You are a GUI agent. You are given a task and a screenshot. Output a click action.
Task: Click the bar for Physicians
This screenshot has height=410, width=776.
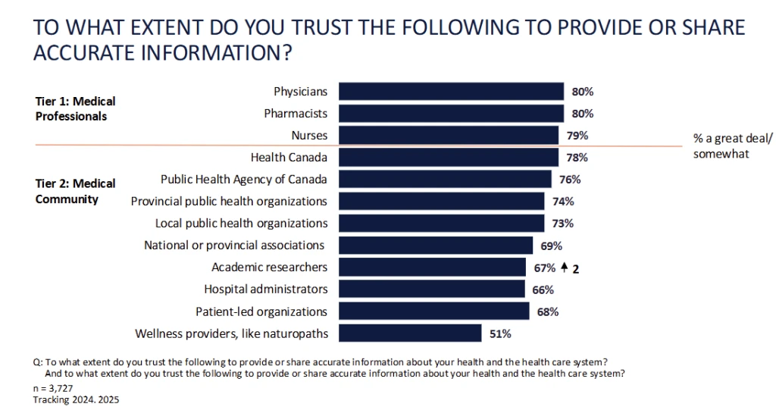[451, 92]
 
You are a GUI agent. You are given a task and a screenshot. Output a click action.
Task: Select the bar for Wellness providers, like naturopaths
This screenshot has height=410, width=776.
[410, 333]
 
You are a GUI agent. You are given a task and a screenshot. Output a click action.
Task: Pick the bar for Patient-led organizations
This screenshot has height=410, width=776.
[433, 311]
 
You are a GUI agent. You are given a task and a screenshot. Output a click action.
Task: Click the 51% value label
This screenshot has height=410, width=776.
[500, 333]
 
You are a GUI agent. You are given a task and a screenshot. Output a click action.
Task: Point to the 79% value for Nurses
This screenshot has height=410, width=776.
[577, 136]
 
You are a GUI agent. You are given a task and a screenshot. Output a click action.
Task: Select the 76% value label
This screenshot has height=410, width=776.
[570, 180]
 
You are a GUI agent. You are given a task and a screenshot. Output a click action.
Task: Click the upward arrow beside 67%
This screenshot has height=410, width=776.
[564, 268]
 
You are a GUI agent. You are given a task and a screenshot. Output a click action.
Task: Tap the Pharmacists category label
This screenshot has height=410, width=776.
[296, 114]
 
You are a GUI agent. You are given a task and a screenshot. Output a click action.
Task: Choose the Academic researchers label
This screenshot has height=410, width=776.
[270, 268]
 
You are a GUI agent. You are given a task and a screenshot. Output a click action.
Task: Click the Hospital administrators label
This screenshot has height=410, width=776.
[266, 290]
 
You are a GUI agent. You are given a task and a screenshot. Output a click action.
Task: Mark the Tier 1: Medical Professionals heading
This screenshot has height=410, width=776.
[76, 109]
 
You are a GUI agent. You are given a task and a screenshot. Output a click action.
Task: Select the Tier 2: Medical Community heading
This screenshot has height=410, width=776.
[76, 191]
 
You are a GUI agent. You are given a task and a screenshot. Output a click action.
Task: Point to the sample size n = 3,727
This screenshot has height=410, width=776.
[56, 387]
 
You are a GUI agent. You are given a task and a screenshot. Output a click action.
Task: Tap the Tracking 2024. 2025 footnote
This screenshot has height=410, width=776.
[77, 399]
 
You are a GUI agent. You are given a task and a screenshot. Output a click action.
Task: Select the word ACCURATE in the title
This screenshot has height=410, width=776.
[101, 55]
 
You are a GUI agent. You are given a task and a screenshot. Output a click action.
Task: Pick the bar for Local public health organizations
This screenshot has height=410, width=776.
[441, 224]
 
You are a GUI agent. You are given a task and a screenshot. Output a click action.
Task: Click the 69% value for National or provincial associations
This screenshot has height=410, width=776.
[551, 246]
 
